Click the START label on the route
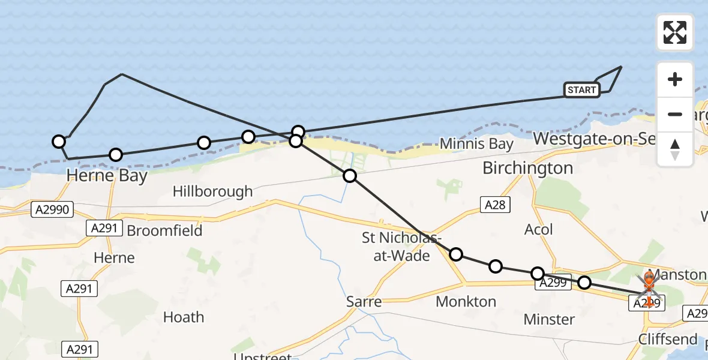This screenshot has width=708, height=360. pyautogui.click(x=581, y=90)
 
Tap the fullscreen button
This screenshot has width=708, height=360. pyautogui.click(x=675, y=32)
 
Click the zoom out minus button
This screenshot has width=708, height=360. pyautogui.click(x=675, y=114)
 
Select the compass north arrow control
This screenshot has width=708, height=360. pyautogui.click(x=675, y=149)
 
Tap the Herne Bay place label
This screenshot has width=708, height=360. pyautogui.click(x=107, y=176)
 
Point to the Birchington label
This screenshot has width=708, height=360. pyautogui.click(x=528, y=168)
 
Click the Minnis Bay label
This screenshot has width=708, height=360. pyautogui.click(x=476, y=144)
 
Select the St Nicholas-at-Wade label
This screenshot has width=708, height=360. pyautogui.click(x=396, y=246)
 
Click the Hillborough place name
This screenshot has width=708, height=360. pyautogui.click(x=212, y=192)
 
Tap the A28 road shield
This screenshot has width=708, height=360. pyautogui.click(x=495, y=205)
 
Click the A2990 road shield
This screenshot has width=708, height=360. pyautogui.click(x=52, y=209)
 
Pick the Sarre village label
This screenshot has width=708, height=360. pyautogui.click(x=364, y=301)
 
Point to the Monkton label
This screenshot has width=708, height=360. pyautogui.click(x=466, y=301)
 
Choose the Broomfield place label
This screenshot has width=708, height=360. pyautogui.click(x=164, y=230)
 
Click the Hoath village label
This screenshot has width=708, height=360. pyautogui.click(x=184, y=317)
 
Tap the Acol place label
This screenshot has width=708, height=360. pyautogui.click(x=538, y=229)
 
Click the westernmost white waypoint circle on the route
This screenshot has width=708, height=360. pyautogui.click(x=59, y=142)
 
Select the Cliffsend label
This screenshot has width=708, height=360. pyautogui.click(x=668, y=339)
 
